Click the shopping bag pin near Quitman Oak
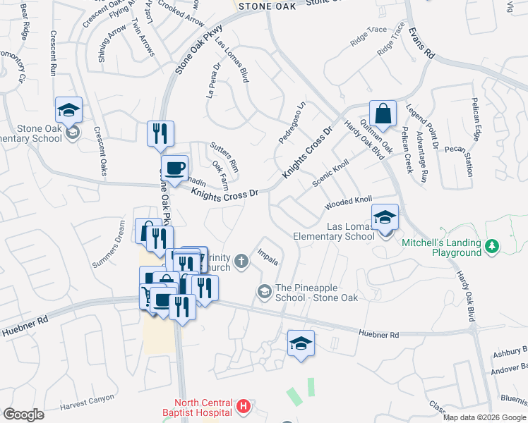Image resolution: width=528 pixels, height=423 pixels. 382,114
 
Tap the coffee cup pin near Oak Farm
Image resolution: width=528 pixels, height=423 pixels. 174,168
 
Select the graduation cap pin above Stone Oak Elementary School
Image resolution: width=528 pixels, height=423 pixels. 68,110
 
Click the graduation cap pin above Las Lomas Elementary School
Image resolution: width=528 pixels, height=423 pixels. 385,217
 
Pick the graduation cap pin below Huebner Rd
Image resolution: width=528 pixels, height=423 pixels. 301,343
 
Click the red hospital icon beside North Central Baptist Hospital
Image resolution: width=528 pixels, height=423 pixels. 244,406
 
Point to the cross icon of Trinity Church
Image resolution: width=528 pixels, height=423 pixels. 241,262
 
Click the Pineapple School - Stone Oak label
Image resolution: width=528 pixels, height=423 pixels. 317,293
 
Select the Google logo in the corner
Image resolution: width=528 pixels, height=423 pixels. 23,415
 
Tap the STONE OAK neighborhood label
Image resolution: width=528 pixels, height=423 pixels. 265,6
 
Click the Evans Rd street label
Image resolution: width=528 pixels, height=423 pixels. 421,43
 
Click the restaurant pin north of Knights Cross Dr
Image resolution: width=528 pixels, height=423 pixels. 160,134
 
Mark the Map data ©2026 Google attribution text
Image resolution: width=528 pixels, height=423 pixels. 484,417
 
